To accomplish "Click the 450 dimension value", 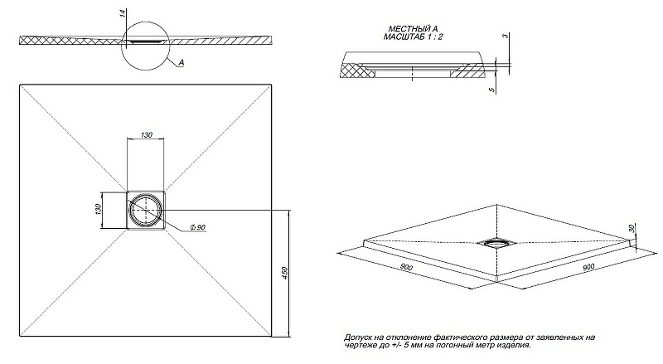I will pyautogui.click(x=285, y=273).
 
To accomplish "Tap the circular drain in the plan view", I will pyautogui.click(x=148, y=208).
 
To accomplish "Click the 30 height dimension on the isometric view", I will pyautogui.click(x=631, y=228).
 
